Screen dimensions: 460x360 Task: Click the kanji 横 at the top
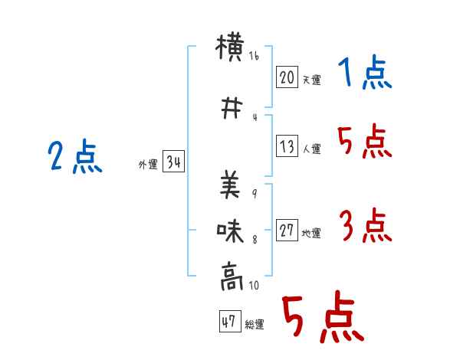[230, 47]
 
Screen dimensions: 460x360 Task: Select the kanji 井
[232, 108]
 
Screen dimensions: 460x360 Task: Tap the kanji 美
[230, 185]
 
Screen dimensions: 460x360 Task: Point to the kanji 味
[230, 231]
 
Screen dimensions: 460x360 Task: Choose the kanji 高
[232, 277]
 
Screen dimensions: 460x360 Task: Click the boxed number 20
[287, 77]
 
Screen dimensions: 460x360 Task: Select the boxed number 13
[287, 146]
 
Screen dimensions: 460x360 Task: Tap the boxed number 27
[287, 230]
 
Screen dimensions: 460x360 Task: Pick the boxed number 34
[173, 161]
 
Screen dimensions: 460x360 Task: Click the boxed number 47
[230, 321]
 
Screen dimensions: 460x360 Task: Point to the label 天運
[311, 80]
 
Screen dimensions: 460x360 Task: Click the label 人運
[311, 149]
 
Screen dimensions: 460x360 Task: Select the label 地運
[311, 233]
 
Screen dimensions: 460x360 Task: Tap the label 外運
[148, 164]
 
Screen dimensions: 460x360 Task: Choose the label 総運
[255, 324]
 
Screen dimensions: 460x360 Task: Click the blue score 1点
[365, 72]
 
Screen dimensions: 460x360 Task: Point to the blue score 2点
[75, 156]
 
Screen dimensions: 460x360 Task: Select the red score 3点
[366, 225]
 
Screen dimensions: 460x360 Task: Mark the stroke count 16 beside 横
[254, 56]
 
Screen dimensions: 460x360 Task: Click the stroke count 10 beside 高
[254, 285]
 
